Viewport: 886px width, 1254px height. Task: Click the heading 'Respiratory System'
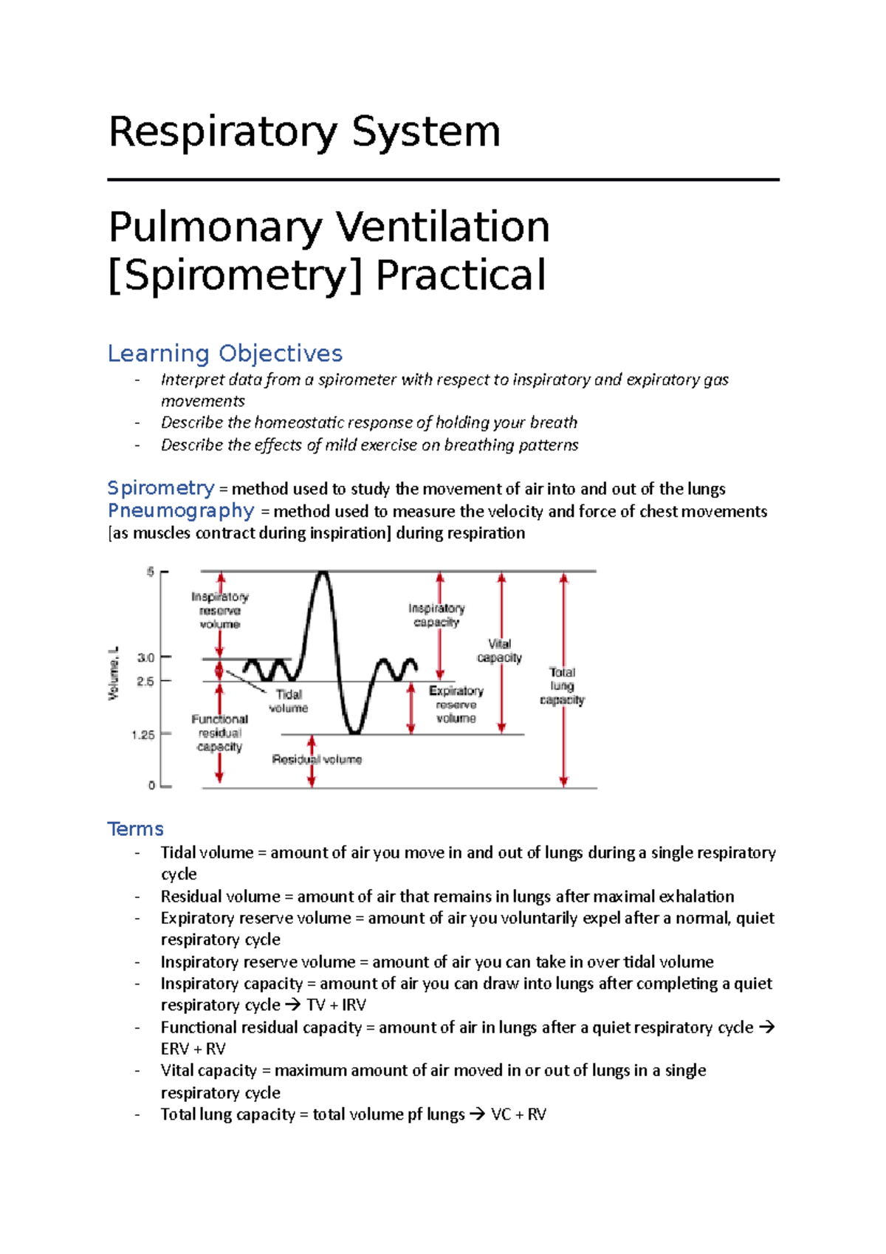pos(304,133)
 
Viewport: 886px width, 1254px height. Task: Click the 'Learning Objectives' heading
pos(225,353)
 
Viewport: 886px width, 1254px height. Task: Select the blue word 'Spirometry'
pos(161,488)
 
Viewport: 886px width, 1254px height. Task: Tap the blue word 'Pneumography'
pos(181,510)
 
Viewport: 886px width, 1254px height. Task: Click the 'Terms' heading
pos(135,829)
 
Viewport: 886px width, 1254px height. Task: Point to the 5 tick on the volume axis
pos(151,572)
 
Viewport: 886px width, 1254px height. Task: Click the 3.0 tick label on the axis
pos(145,657)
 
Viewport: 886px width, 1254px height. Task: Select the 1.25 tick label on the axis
pos(142,735)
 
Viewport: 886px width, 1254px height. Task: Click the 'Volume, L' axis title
pos(113,673)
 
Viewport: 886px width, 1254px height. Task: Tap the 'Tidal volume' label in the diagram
pos(288,701)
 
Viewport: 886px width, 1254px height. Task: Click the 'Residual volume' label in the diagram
pos(317,759)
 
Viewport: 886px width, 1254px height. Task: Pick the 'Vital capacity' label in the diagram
pos(499,651)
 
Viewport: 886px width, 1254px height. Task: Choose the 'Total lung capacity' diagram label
pos(562,686)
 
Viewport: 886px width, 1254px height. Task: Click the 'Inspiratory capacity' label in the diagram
pos(436,614)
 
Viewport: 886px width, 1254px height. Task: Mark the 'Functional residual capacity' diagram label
pos(219,733)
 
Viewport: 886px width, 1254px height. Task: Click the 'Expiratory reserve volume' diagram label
pos(456,704)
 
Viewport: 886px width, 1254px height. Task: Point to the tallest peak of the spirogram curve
pos(322,572)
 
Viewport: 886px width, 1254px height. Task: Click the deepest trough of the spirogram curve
pos(354,733)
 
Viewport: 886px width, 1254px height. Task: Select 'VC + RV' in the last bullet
pos(518,1114)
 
